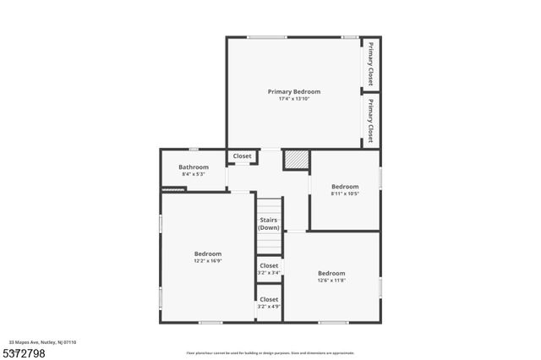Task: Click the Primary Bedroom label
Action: tap(294, 91)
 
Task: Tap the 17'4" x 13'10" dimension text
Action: tap(294, 99)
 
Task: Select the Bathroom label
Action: tap(194, 167)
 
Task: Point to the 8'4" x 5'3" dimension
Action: tap(194, 174)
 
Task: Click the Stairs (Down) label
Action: tap(269, 224)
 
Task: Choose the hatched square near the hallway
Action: tap(295, 159)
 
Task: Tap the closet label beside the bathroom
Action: tap(243, 156)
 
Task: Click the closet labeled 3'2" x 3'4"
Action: tap(269, 269)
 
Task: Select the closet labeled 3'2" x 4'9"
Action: tap(269, 303)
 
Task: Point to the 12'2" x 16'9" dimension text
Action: tap(208, 261)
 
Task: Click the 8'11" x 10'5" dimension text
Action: tap(345, 194)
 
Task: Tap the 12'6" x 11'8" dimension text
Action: tap(331, 280)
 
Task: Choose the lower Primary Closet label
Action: tap(370, 121)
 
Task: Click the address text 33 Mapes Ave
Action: tap(42, 342)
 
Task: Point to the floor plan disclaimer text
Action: tap(270, 353)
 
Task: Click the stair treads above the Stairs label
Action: tap(269, 207)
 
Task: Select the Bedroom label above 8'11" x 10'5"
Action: tap(345, 187)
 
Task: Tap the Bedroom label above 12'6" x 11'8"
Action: tap(331, 273)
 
